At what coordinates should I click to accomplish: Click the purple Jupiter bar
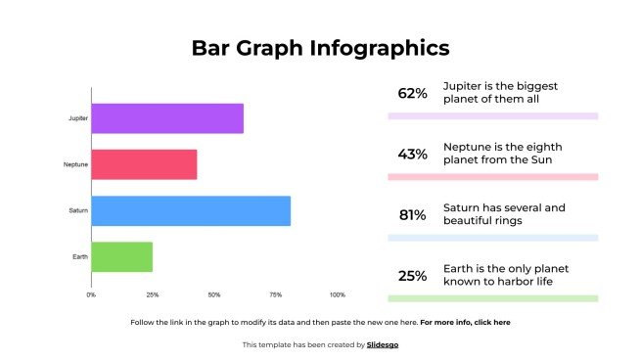167,118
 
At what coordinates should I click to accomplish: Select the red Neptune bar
145,164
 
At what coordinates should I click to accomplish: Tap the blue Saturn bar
191,210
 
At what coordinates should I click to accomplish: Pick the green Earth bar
122,256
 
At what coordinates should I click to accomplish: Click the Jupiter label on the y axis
78,118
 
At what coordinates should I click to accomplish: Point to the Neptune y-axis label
76,164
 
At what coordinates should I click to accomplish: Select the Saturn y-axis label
78,210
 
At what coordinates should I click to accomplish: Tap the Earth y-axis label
80,256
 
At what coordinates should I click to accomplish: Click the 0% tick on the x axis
91,294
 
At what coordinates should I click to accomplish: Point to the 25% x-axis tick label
153,294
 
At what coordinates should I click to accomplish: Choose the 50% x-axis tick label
214,294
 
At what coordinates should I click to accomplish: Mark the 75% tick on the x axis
276,294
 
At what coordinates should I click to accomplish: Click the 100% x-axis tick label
338,294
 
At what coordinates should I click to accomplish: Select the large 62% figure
412,94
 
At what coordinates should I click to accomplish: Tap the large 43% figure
412,155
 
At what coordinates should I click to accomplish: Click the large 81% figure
412,215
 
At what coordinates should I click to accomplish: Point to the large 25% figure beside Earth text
412,276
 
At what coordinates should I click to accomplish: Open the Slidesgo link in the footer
383,344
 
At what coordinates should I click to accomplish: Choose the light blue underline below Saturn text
492,238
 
